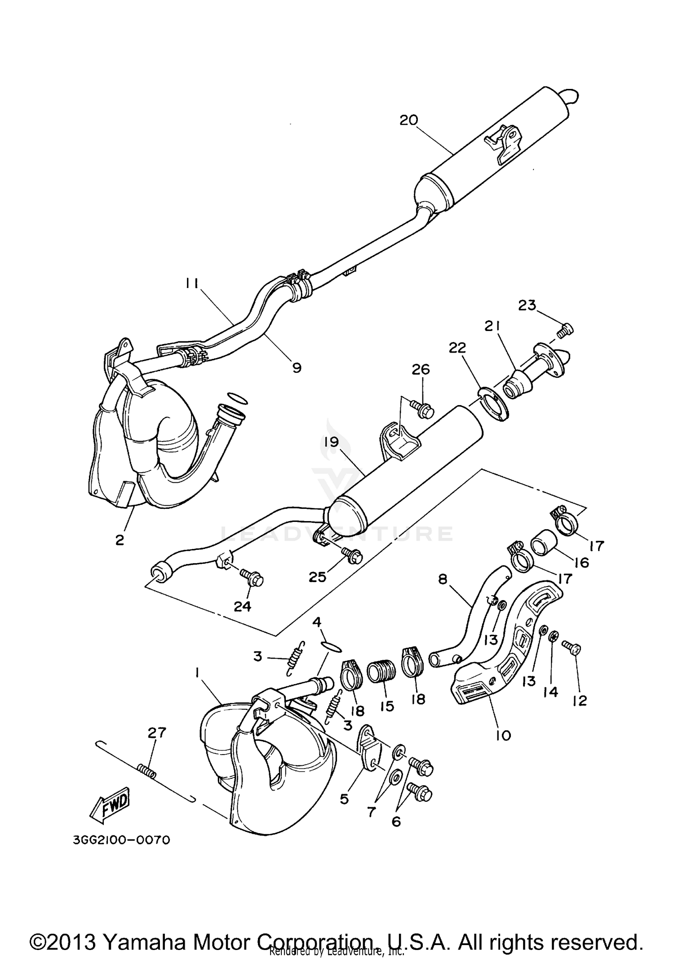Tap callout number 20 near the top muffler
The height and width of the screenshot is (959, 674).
pos(409,120)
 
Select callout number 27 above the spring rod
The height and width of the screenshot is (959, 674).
pos(157,733)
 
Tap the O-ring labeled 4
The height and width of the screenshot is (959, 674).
pos(333,646)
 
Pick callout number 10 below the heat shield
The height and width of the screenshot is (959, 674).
pos(503,735)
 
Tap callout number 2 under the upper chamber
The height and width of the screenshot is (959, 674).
pos(119,539)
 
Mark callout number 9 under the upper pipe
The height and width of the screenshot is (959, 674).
pos(297,367)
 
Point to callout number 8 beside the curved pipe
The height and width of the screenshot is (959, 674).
pos(443,579)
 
